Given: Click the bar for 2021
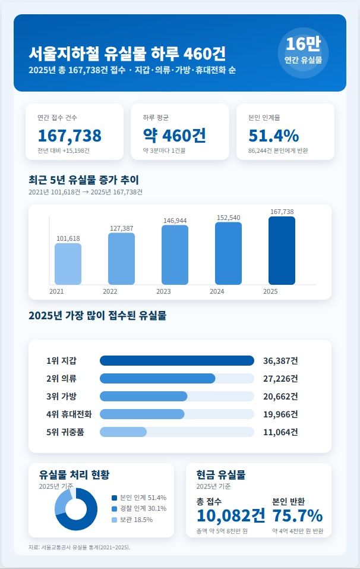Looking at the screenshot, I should (x=68, y=264).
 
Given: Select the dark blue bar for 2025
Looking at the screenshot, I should (x=282, y=250).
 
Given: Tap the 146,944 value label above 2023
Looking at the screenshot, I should (x=175, y=221).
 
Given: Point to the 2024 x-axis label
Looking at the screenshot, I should (x=217, y=292).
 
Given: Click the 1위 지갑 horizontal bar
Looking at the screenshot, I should (x=177, y=360).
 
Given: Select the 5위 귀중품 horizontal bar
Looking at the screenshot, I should (x=123, y=432).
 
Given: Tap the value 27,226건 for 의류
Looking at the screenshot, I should (x=280, y=378).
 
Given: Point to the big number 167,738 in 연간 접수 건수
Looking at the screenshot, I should (x=70, y=136).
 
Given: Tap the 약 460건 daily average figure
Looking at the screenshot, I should (x=175, y=136).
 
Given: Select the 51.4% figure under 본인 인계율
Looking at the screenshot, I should (x=273, y=136).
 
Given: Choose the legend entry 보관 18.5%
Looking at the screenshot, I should (x=136, y=520).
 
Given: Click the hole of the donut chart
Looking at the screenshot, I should (x=76, y=510).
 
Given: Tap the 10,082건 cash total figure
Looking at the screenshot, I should (x=231, y=515).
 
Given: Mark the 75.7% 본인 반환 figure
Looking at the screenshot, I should (x=298, y=515).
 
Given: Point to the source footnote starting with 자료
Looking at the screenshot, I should (x=79, y=547).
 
